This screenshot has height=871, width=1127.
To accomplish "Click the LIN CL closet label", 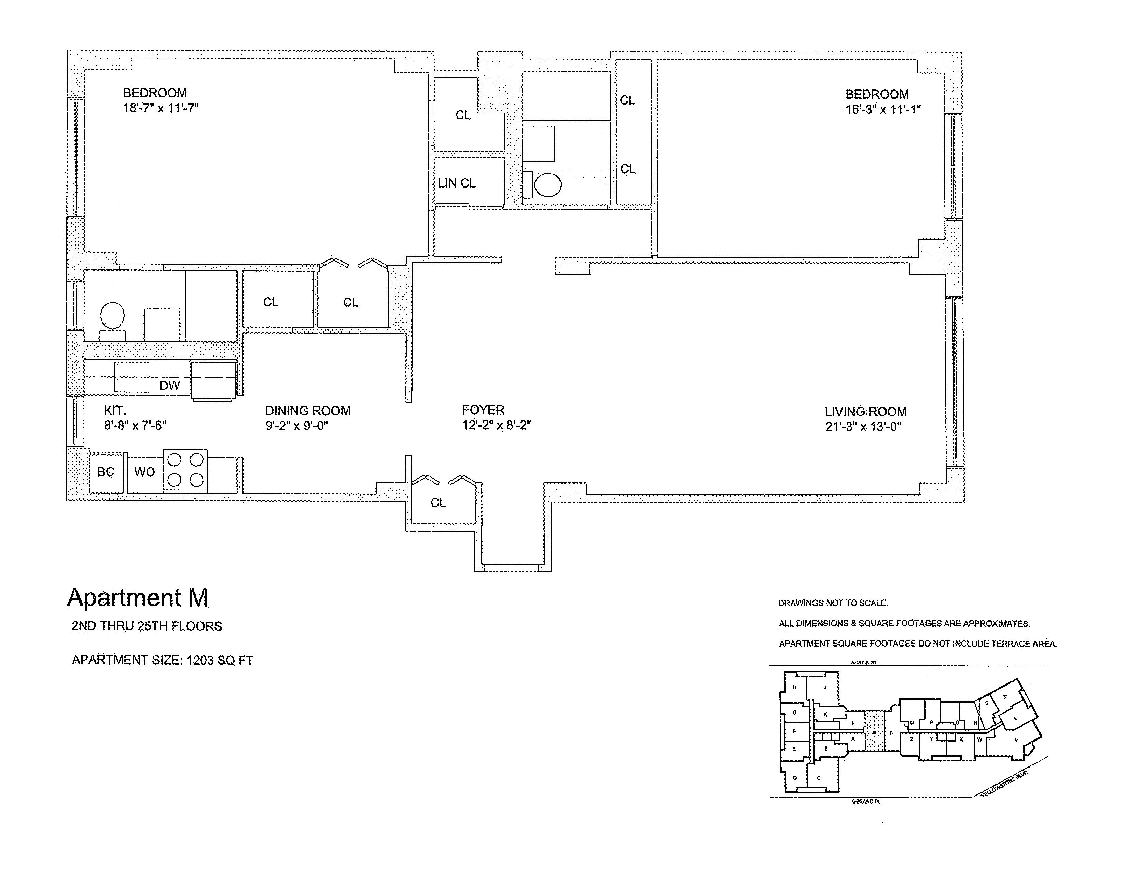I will tap(457, 183).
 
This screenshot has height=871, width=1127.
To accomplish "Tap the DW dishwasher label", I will tap(169, 385).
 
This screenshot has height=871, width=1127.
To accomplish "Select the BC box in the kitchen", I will tap(106, 472).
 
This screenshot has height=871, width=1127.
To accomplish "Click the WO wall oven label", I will tap(144, 472).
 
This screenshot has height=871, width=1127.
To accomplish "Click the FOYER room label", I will tap(483, 410).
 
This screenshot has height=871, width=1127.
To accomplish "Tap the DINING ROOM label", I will tap(308, 411).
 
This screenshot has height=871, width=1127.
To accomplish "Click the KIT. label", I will tap(114, 411).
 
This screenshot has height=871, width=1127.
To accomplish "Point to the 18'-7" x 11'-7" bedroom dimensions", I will tap(161, 108).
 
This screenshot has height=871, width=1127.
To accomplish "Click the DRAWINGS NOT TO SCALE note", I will tap(833, 603).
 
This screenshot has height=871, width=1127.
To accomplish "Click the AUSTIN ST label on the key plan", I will tap(864, 663).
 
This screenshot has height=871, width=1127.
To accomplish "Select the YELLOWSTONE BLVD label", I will tap(1004, 784).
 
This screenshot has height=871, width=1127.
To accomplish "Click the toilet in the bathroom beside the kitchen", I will tap(112, 316).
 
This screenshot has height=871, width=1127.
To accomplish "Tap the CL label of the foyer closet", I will tap(438, 502).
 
